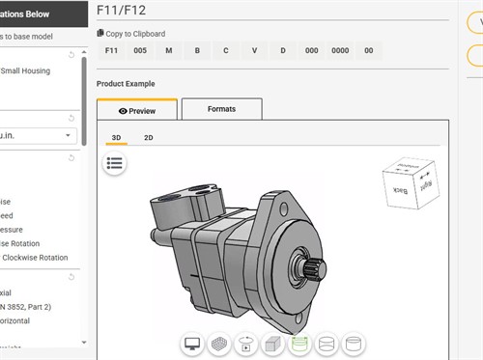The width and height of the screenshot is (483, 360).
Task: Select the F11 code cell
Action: tap(111, 50)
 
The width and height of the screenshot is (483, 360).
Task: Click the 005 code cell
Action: tap(140, 50)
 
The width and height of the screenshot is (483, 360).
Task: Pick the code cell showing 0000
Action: tap(340, 50)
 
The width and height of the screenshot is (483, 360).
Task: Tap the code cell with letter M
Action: tap(169, 50)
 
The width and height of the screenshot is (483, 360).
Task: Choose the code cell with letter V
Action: tap(255, 50)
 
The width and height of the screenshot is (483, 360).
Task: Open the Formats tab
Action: tap(221, 109)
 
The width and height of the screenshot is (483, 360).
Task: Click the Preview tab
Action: tap(136, 110)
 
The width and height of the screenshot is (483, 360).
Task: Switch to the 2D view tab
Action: tap(149, 138)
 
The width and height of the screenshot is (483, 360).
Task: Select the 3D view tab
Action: tap(116, 138)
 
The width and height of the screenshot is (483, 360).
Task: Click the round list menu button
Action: tap(115, 163)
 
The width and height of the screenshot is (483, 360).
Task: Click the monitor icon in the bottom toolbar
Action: tap(192, 344)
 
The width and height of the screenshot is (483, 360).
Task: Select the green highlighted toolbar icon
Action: tap(300, 344)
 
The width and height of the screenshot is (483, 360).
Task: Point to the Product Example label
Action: tap(126, 84)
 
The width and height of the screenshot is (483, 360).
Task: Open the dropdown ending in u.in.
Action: tap(39, 135)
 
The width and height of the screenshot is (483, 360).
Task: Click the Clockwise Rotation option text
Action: tap(35, 258)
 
